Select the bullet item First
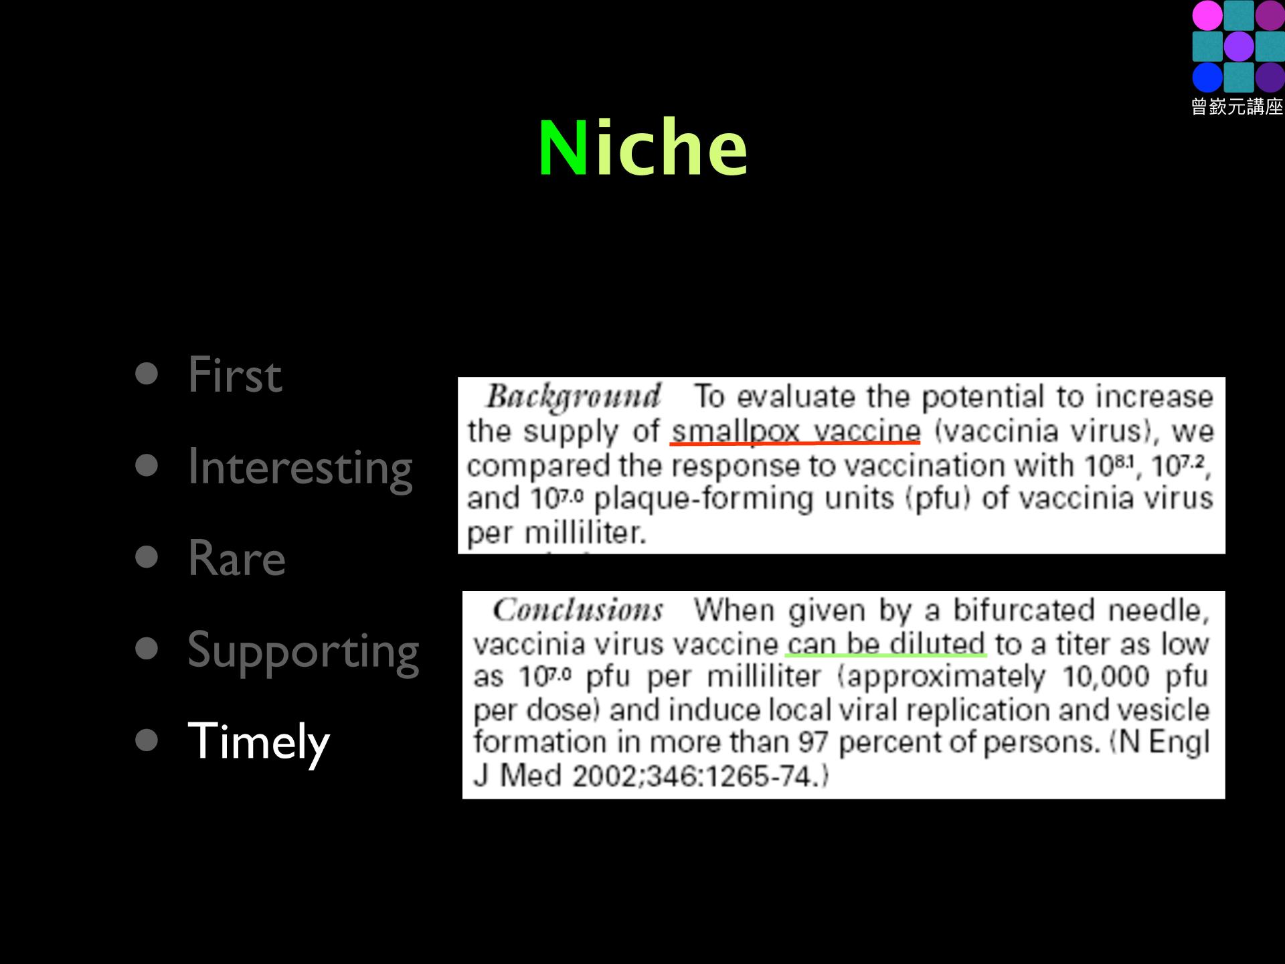[x=234, y=374]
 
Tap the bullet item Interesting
[x=300, y=468]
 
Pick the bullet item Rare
[x=236, y=558]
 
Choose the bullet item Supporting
[x=303, y=651]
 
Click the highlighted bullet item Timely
[x=258, y=742]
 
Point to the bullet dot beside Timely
[x=146, y=740]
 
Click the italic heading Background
[x=573, y=396]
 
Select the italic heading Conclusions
[x=578, y=610]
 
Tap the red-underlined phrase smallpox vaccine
[x=796, y=430]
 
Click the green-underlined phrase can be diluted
[x=885, y=643]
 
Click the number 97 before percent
[x=813, y=742]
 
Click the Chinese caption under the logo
[x=1237, y=106]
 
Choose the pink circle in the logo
[x=1207, y=15]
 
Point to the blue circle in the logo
[x=1207, y=77]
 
